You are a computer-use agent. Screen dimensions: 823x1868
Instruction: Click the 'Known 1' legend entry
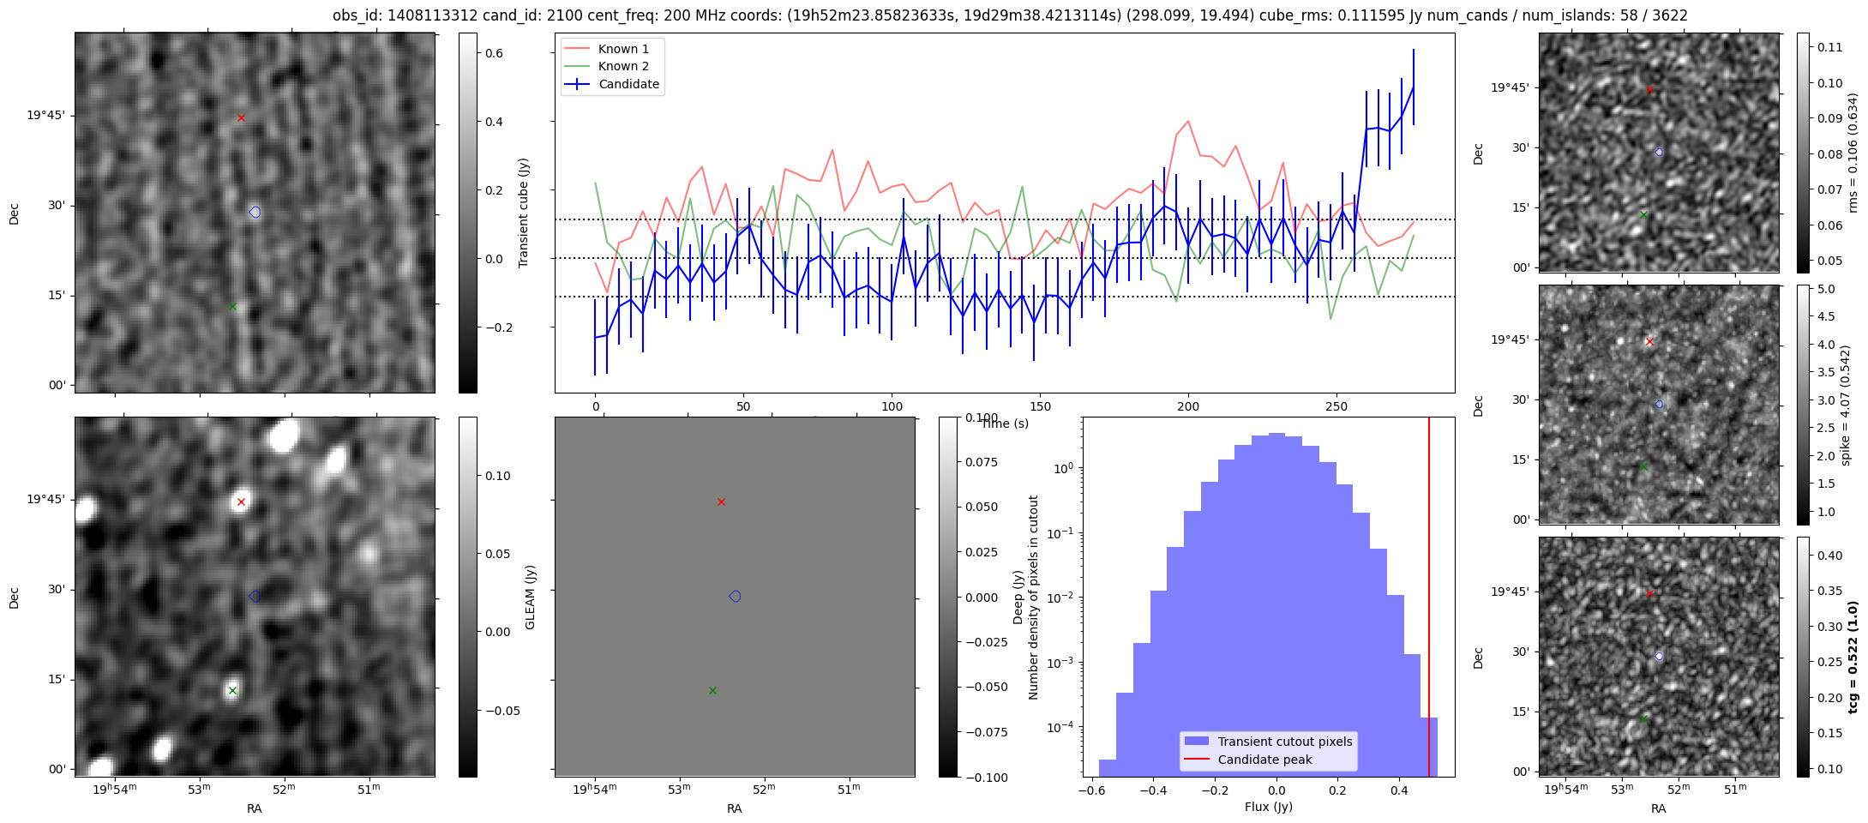tap(623, 49)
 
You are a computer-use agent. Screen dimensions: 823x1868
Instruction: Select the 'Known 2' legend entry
tap(623, 66)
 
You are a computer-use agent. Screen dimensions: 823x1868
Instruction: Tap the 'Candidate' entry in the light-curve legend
tap(628, 84)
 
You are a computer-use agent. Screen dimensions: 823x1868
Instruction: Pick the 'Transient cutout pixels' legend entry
tap(1284, 742)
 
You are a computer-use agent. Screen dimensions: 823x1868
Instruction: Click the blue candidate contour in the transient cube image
tap(255, 212)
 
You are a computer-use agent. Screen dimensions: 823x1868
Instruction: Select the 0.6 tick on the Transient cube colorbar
tap(494, 53)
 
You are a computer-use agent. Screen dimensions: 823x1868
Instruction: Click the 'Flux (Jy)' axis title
tap(1268, 807)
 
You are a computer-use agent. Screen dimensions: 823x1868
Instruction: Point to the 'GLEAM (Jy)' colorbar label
tap(530, 598)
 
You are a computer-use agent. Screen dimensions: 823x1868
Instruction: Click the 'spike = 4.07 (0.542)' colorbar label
tap(1846, 405)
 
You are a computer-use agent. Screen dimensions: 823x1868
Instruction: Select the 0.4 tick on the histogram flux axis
tap(1399, 790)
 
